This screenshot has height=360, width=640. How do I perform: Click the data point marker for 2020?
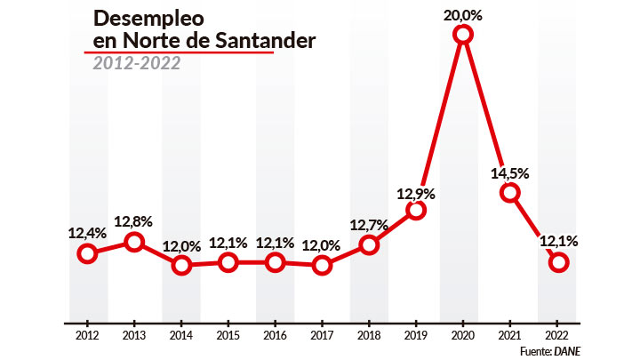pyautogui.click(x=462, y=35)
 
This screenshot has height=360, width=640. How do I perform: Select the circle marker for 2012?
pyautogui.click(x=87, y=253)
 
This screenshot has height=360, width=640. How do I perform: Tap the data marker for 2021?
pyautogui.click(x=509, y=192)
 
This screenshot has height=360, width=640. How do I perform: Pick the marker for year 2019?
pyautogui.click(x=416, y=210)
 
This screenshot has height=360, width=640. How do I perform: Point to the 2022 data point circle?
pyautogui.click(x=558, y=262)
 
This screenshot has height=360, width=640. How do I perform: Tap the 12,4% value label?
pyautogui.click(x=87, y=234)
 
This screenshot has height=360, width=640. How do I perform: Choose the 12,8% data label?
pyautogui.click(x=133, y=221)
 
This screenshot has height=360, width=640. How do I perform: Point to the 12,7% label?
pyautogui.click(x=369, y=225)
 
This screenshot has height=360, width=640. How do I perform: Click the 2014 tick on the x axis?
pyautogui.click(x=180, y=335)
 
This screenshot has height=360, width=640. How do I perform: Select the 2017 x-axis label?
pyautogui.click(x=322, y=335)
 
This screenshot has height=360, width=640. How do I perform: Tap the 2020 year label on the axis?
pyautogui.click(x=462, y=335)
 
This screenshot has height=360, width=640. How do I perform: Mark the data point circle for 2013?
pyautogui.click(x=133, y=242)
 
